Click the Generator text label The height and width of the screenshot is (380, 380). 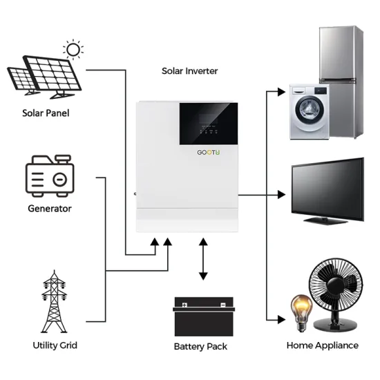[49, 208]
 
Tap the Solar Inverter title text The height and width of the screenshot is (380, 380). [189, 70]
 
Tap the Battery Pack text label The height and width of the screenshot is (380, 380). [200, 346]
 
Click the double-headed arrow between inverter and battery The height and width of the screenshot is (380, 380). [203, 258]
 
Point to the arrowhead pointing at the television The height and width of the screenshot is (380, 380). [281, 196]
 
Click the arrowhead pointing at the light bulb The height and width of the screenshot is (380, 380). [281, 320]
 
